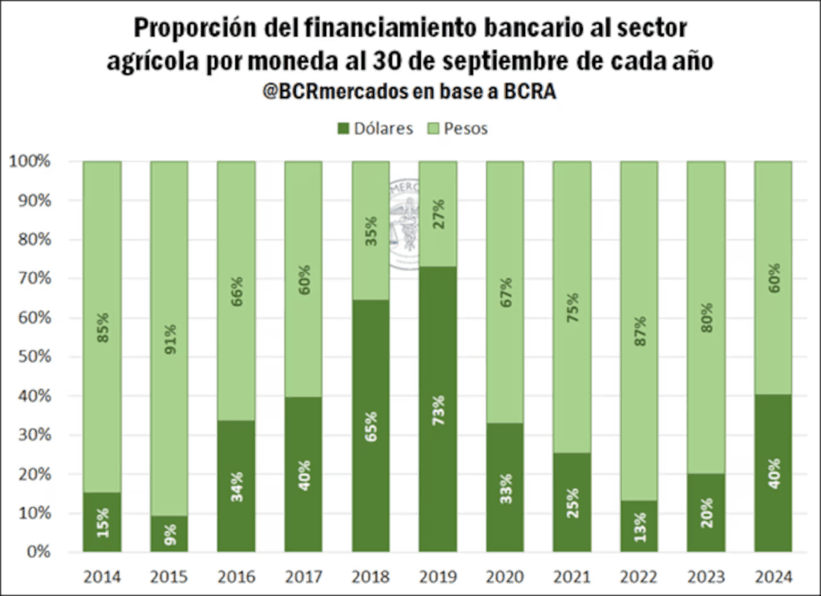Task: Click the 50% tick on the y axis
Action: [33, 357]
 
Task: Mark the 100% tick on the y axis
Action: [30, 161]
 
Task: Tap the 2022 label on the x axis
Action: [639, 577]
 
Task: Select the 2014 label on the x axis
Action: [102, 577]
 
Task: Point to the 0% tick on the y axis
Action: [37, 553]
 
